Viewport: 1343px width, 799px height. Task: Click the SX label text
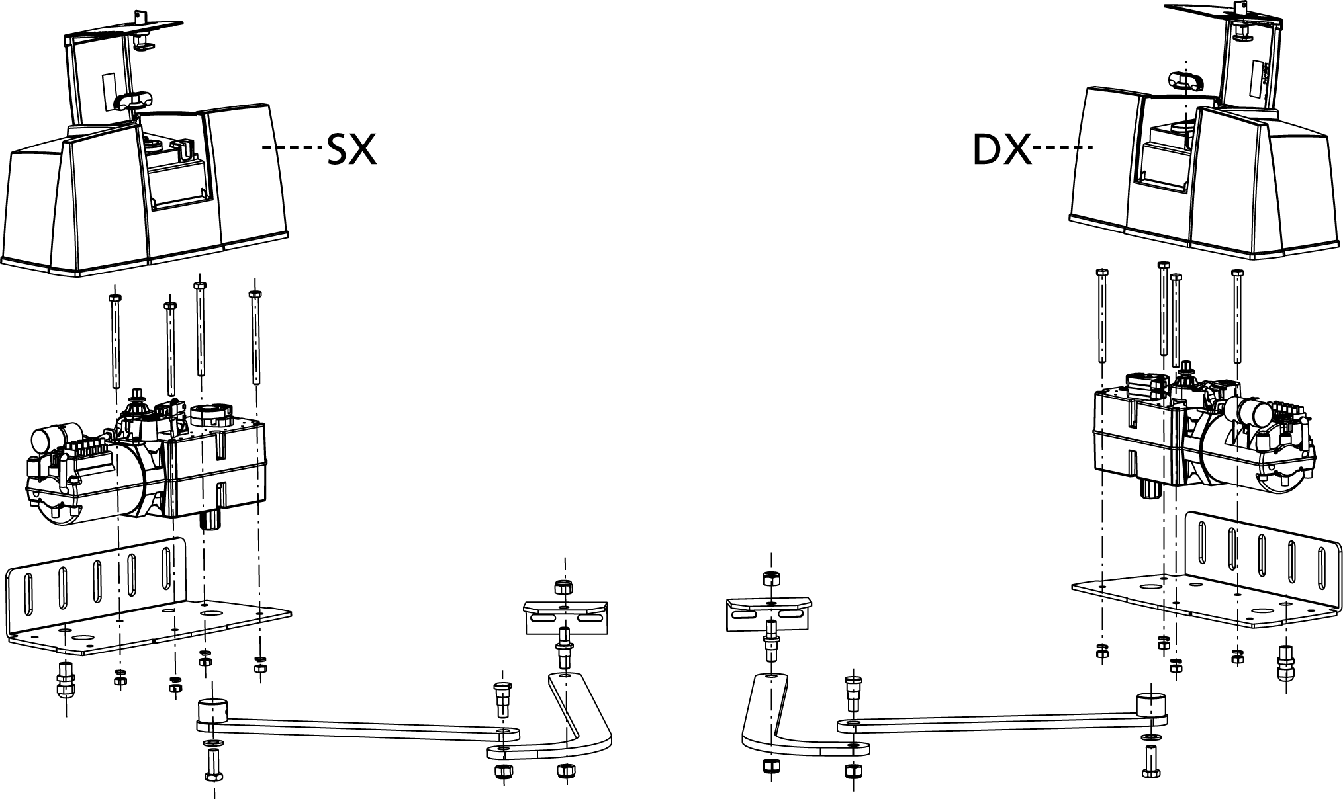click(351, 149)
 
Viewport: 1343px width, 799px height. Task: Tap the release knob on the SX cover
click(134, 101)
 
